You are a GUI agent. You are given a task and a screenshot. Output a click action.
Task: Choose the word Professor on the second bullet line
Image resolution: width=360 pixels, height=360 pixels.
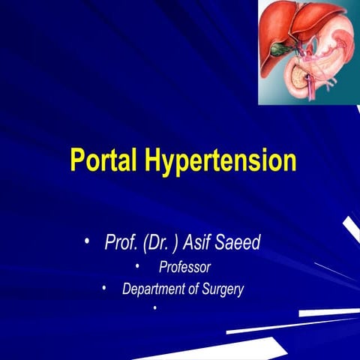[184, 267]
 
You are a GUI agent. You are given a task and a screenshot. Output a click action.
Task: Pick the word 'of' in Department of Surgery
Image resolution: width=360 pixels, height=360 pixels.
[190, 289]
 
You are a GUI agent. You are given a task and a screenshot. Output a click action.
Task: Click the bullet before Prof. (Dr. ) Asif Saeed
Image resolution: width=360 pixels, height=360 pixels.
[87, 241]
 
